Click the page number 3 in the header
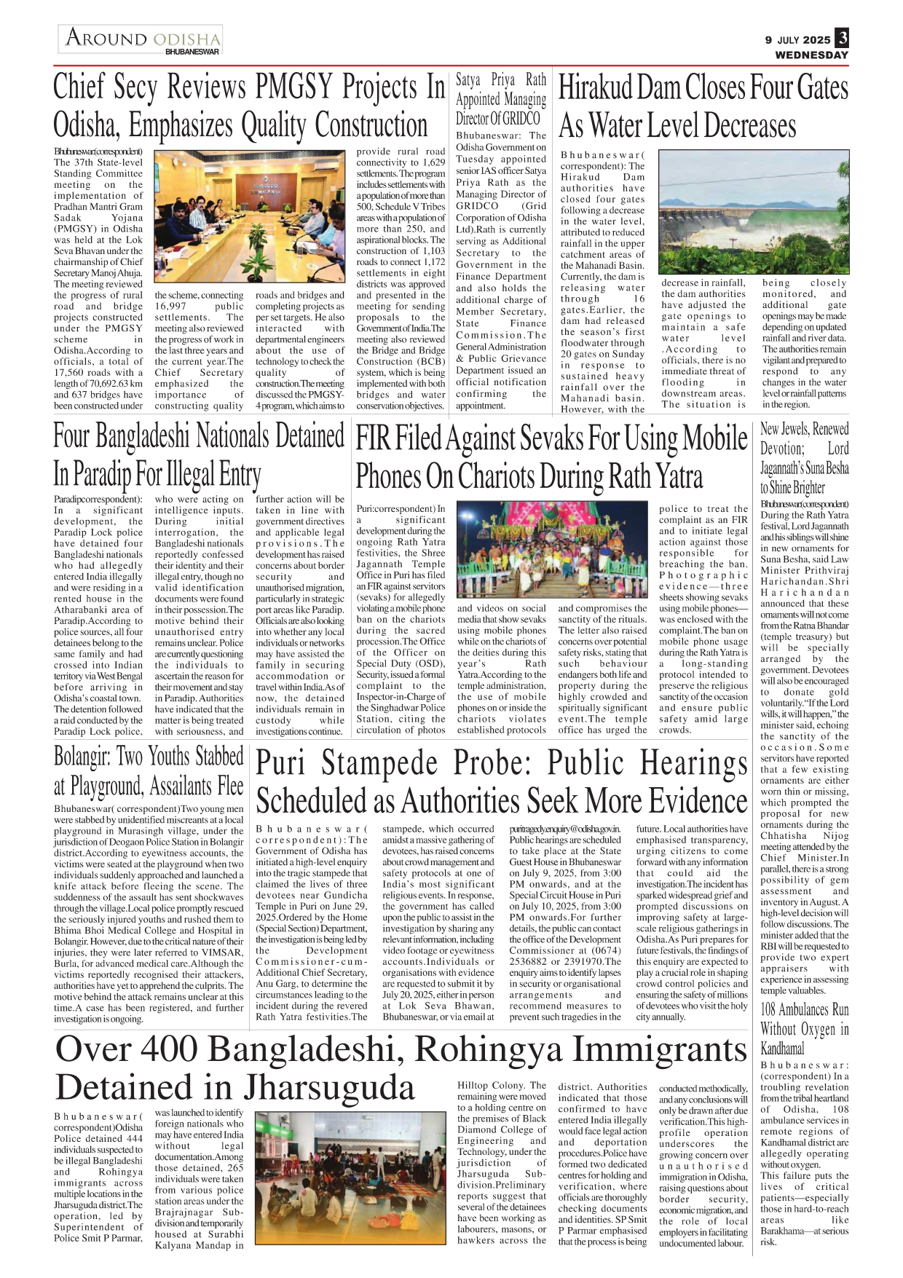[x=842, y=39]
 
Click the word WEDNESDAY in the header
[x=811, y=55]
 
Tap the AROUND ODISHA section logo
[x=142, y=37]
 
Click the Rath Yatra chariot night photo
[x=551, y=551]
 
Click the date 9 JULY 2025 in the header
[x=797, y=40]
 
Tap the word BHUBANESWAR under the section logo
[x=192, y=52]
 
